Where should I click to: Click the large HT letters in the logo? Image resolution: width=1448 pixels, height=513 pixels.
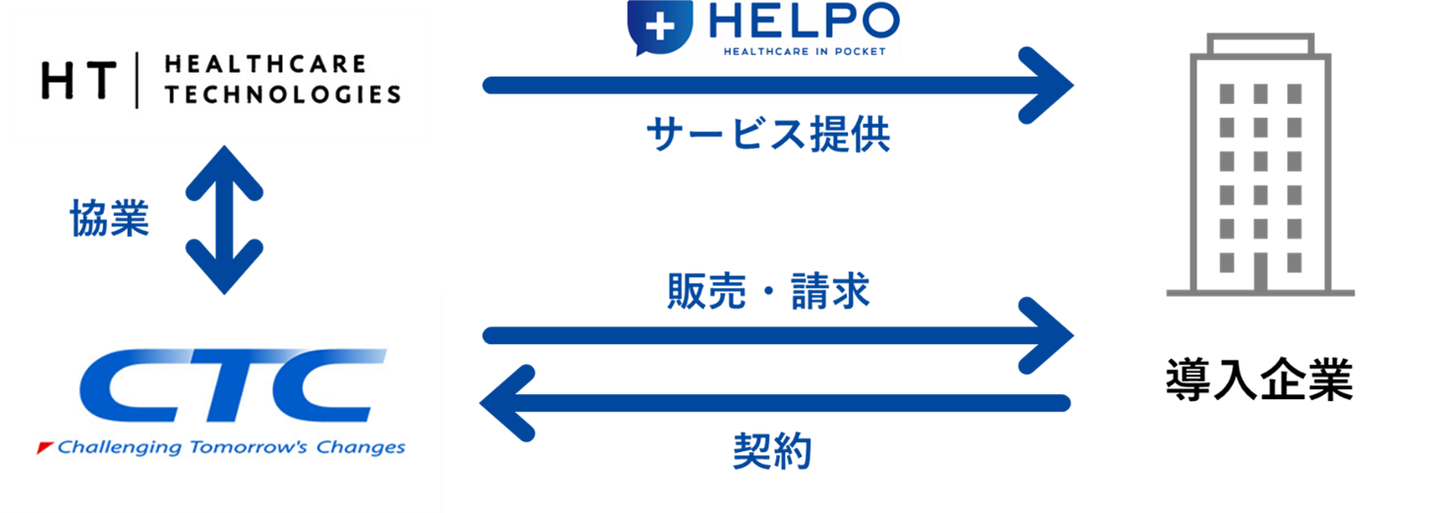pos(79,80)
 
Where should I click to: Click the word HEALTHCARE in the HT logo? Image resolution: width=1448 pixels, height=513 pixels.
pos(264,65)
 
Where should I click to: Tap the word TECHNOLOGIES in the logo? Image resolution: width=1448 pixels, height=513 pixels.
pos(283,94)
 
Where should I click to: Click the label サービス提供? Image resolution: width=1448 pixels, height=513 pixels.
pos(768,135)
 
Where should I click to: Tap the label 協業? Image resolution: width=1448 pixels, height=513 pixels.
pos(109,218)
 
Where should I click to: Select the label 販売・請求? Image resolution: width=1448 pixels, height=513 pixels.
pos(768,291)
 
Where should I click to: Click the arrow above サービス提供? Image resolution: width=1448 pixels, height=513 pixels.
pos(776,85)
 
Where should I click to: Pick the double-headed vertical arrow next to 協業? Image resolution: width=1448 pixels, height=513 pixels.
pos(225,219)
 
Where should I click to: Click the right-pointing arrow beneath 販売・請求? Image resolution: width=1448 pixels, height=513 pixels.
pos(776,336)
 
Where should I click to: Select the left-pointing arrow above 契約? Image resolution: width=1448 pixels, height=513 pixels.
pos(776,402)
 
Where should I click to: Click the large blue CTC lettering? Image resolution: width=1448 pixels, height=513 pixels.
pos(227,385)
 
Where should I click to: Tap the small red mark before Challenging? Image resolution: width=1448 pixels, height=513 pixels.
pos(44,448)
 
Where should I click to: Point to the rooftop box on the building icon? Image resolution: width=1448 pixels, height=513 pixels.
pos(1260,42)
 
